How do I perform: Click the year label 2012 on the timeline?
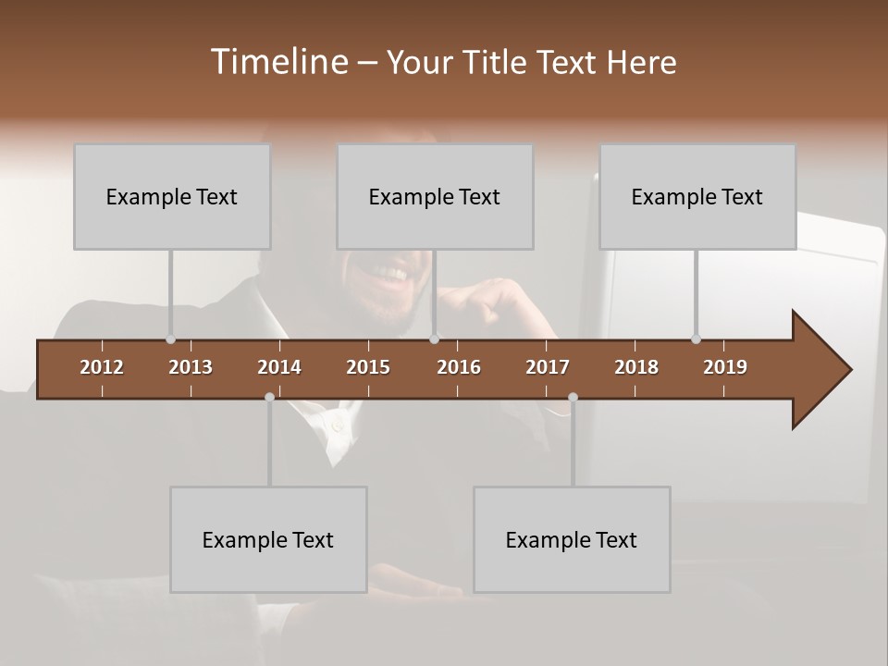(102, 367)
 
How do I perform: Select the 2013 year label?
(191, 367)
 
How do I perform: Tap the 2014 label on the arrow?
(279, 367)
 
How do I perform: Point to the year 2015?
(368, 367)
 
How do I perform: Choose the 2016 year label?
(459, 367)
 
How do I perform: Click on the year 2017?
(548, 367)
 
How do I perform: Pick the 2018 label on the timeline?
(636, 367)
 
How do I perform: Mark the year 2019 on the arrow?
(725, 367)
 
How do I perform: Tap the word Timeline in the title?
(277, 62)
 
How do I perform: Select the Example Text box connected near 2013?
(172, 196)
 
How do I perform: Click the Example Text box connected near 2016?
(435, 196)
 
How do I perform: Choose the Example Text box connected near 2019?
(697, 196)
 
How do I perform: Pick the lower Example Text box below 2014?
(268, 539)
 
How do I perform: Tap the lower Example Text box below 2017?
(572, 539)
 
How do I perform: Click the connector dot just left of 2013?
(170, 339)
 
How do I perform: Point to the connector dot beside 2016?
(435, 339)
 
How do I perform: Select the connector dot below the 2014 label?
(269, 397)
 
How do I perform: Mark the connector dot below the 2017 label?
(573, 397)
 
